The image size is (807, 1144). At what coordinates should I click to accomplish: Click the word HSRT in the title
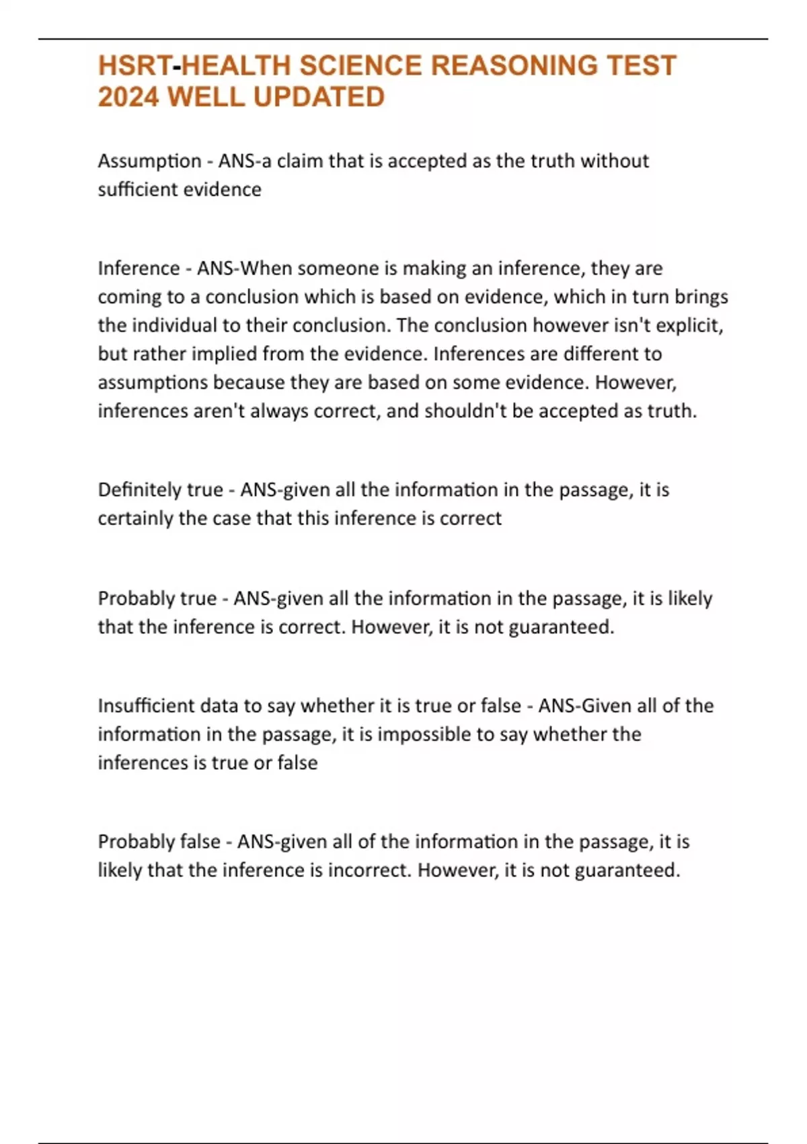coord(134,66)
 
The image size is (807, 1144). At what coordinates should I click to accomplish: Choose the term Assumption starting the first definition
coord(149,162)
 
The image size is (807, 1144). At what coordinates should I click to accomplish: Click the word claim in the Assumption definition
coord(300,162)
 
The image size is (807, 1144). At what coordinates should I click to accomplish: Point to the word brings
coord(701,297)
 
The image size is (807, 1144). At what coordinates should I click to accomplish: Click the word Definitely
coord(139,490)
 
